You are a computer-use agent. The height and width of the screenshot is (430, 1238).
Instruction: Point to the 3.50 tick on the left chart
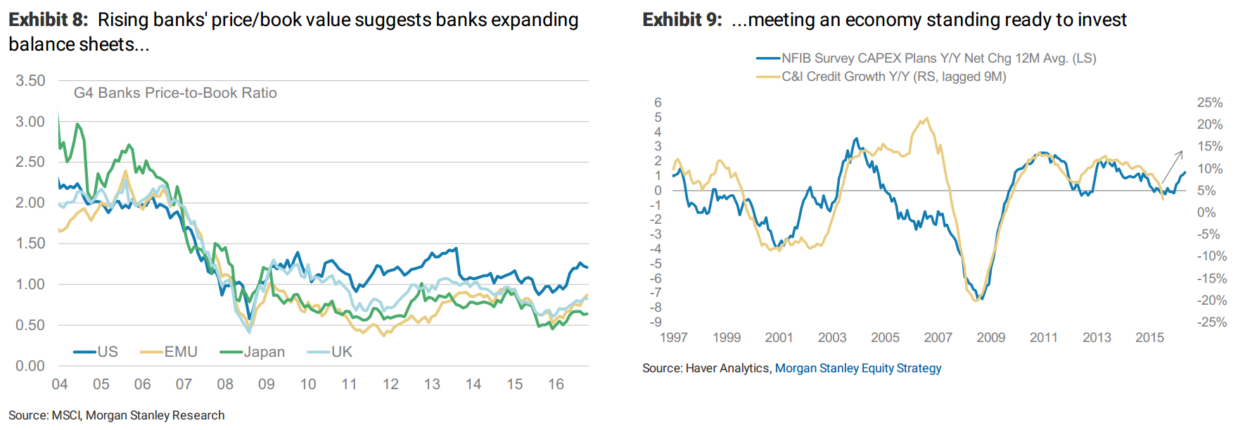tap(30, 81)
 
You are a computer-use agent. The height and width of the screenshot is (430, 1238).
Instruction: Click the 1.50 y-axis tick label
tap(30, 244)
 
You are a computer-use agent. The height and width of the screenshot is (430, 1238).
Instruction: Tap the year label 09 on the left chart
tap(267, 384)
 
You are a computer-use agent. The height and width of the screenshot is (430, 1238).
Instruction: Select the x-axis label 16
tap(556, 384)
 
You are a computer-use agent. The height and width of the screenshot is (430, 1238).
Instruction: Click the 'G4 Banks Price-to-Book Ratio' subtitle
tap(175, 93)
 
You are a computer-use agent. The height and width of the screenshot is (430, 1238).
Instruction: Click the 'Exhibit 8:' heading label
tap(49, 20)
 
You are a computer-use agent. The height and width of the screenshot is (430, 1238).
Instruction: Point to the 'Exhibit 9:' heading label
tap(682, 20)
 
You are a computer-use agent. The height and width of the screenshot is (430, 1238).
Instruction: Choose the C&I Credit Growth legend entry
tap(893, 77)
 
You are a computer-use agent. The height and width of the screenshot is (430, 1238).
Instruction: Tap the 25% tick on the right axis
tap(1210, 103)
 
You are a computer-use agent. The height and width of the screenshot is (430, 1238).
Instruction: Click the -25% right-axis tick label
tap(1211, 322)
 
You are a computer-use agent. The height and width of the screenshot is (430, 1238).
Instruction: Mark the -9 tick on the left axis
tap(658, 322)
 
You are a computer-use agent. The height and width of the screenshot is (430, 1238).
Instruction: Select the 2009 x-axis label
tap(990, 338)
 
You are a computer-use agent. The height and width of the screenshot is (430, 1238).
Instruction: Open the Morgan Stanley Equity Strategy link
tap(857, 368)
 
